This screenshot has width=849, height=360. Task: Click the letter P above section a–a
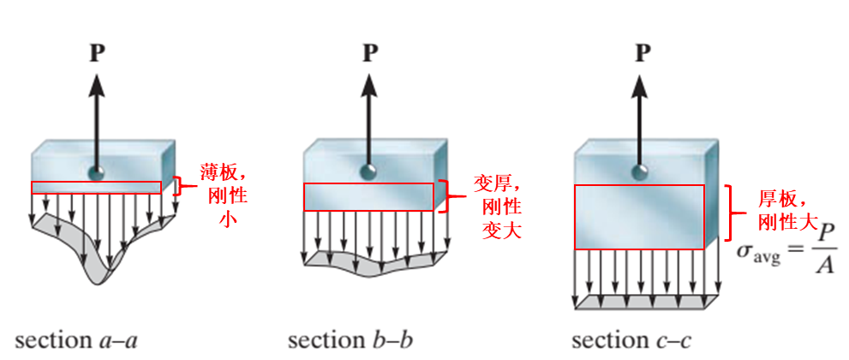98,54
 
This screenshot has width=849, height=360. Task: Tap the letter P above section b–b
370,54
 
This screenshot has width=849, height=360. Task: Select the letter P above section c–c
643,54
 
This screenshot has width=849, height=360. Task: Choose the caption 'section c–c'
632,340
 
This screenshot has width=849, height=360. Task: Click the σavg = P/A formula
787,254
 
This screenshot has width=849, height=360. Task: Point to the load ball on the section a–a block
97,172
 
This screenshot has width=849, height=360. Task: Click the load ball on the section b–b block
369,171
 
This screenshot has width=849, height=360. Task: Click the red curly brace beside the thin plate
180,186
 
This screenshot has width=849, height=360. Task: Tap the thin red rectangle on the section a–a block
96,188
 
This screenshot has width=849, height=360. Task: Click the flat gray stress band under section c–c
646,303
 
